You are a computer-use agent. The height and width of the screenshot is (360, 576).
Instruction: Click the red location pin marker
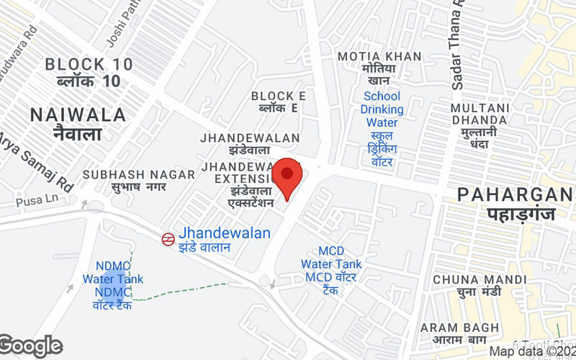point(287,176)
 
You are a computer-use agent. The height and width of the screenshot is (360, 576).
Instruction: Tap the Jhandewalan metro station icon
point(167,238)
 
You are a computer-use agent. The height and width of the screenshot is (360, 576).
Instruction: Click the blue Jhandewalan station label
point(225,233)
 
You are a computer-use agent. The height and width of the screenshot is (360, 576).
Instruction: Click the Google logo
point(31,346)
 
